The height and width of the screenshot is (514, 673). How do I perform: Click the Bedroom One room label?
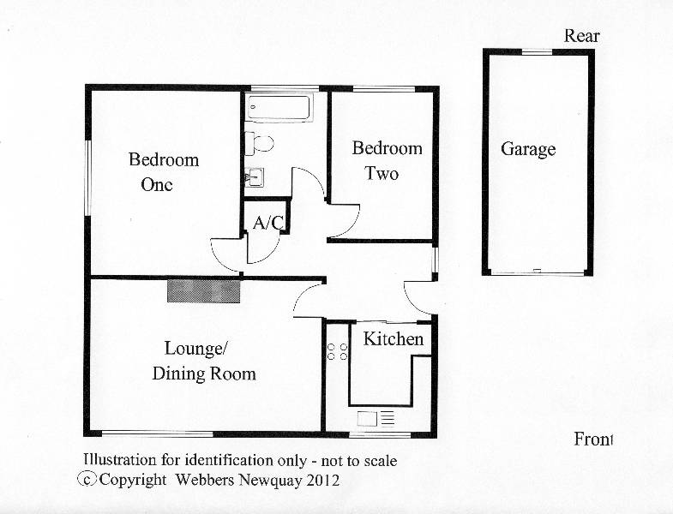164,172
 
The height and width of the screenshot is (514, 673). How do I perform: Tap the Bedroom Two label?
388,161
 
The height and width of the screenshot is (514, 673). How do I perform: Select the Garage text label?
528,150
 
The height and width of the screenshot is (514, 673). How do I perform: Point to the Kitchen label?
394,339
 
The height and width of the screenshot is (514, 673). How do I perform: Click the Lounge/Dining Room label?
204,361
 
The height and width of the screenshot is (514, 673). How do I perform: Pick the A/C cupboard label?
267,223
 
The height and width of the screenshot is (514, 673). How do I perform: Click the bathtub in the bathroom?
279,107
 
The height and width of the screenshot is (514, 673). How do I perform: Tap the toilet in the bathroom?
259,143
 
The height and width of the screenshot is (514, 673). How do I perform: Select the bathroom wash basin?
254,177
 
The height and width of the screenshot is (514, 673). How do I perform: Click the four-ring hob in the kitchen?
338,351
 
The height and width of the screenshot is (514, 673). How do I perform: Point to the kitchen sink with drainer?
376,419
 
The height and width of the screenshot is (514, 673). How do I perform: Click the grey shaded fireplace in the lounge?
203,291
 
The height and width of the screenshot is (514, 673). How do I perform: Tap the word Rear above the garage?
581,36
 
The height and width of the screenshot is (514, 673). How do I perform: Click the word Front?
593,439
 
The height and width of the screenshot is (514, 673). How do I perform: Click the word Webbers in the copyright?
205,480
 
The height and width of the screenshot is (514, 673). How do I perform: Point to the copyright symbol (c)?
87,479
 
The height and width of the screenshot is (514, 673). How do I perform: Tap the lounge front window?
158,433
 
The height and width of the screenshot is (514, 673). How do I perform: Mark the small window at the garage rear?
537,52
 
